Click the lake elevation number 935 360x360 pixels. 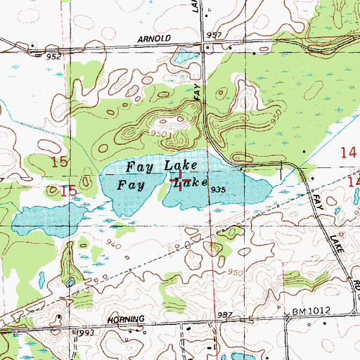pyautogui.click(x=217, y=190)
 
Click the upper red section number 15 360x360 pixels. pyautogui.click(x=60, y=162)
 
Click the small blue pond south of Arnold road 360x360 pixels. pyautogui.click(x=185, y=56)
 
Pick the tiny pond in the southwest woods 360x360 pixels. pyautogui.click(x=70, y=283)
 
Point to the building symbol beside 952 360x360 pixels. pyautogui.click(x=33, y=48)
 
